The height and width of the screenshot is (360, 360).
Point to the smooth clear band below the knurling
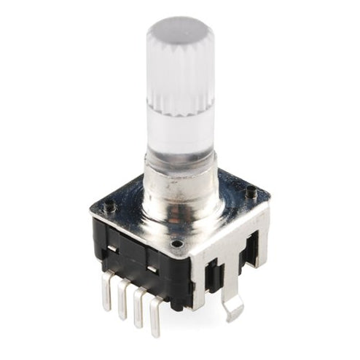click(x=181, y=131)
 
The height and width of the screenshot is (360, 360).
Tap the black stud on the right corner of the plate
click(x=251, y=193)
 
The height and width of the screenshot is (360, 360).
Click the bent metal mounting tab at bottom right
click(x=232, y=309)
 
